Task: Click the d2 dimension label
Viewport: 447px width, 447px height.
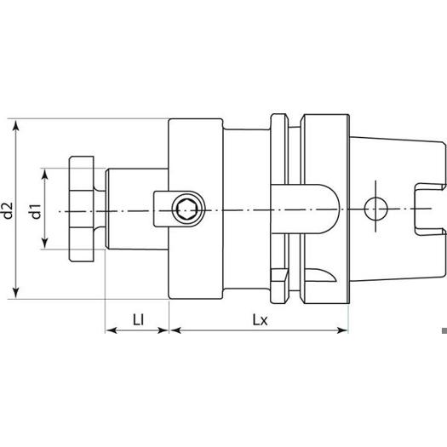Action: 8,210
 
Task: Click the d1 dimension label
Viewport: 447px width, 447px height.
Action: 37,211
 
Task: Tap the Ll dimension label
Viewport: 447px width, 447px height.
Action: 138,320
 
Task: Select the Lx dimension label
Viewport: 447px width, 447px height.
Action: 260,320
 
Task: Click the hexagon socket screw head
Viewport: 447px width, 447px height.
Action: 188,210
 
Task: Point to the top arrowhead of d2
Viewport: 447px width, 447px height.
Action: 16,126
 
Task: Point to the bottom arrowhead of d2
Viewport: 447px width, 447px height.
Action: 16,292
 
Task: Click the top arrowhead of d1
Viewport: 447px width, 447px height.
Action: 44,175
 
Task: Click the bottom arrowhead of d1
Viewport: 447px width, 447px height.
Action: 44,243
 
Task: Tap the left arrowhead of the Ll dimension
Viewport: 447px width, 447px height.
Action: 112,330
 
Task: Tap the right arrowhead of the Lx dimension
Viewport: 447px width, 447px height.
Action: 342,330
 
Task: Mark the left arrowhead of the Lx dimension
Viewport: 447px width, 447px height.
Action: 175,330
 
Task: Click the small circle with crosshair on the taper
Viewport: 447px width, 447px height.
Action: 375,209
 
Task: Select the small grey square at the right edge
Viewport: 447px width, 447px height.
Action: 444,330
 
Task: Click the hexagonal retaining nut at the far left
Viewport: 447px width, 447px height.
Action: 81,209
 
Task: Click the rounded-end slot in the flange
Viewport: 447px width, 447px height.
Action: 305,209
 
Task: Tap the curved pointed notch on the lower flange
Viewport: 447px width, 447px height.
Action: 321,275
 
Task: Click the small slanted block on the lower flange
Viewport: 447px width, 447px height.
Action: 279,275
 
